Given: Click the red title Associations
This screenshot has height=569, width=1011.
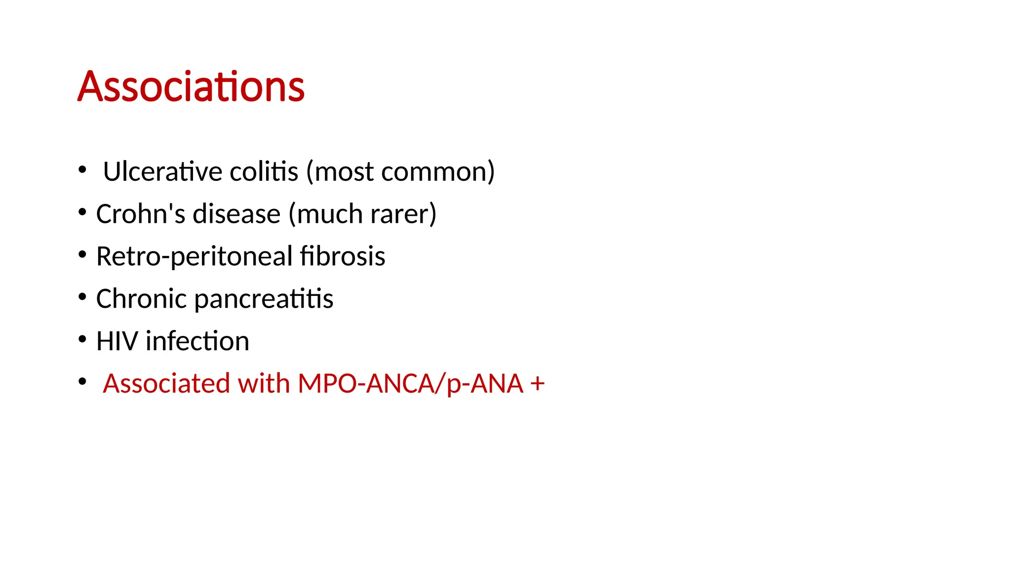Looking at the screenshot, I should click(x=191, y=87).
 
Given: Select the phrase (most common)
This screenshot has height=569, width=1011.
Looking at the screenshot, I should click(x=400, y=172).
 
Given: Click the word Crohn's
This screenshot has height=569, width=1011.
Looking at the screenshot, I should click(x=140, y=214).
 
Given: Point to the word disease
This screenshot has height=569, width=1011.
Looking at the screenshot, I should click(x=236, y=214).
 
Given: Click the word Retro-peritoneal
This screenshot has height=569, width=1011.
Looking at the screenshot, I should click(x=194, y=256).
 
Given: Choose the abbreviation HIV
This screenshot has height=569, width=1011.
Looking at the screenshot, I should click(x=117, y=341).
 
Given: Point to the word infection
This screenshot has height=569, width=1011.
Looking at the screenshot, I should click(x=197, y=341).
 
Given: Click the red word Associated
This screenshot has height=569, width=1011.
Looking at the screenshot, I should click(x=166, y=384).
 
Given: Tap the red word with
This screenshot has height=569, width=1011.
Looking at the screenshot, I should click(x=264, y=384).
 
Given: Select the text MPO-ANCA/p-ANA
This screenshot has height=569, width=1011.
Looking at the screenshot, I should click(x=410, y=384).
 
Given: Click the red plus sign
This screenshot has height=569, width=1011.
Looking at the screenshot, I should click(x=538, y=384).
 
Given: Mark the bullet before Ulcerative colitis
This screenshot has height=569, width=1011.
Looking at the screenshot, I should click(x=82, y=170).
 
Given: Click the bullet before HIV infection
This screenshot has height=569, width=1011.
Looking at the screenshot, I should click(x=82, y=340).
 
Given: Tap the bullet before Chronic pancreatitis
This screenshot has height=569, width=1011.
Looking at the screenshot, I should click(x=82, y=297).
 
